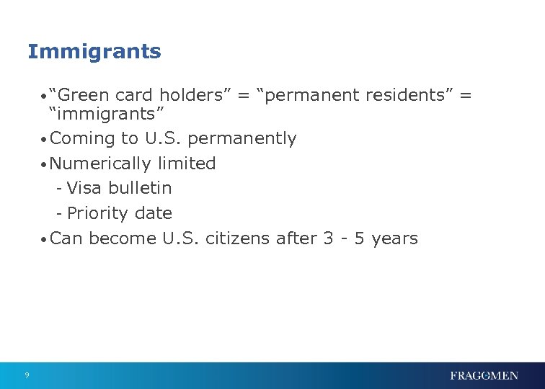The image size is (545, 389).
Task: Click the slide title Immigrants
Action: click(94, 52)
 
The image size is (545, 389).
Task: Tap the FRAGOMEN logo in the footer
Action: click(484, 375)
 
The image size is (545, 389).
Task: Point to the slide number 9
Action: click(27, 375)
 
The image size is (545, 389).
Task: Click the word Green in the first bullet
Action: click(84, 94)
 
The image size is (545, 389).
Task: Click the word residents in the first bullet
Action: click(409, 94)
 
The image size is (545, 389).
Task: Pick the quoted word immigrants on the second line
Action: click(107, 113)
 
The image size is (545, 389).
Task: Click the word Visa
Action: click(84, 188)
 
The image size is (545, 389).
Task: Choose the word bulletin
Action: click(140, 188)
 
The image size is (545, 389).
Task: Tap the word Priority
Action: click(94, 213)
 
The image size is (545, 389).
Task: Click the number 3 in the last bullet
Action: click(328, 238)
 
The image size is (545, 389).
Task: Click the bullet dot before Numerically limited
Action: click(45, 165)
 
